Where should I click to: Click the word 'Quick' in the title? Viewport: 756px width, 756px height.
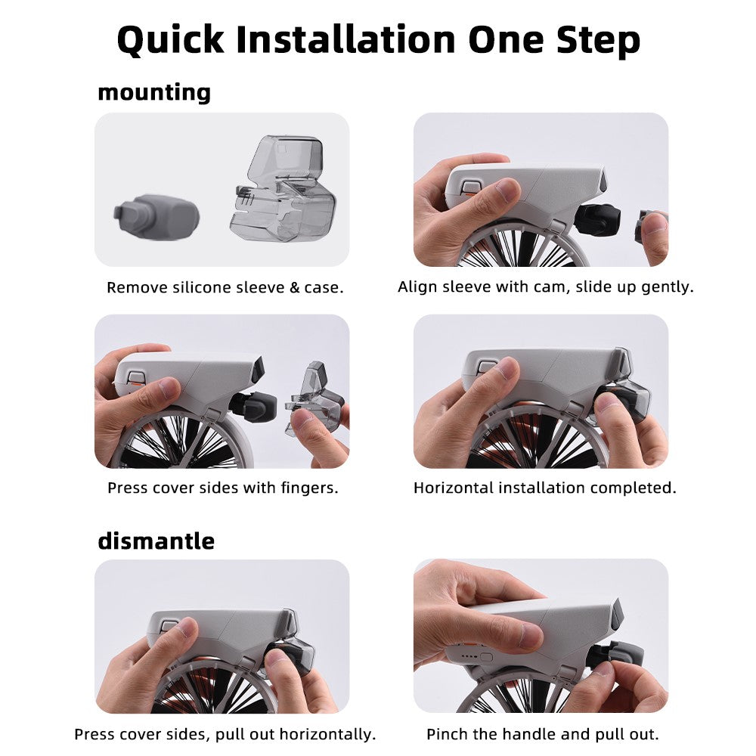170,39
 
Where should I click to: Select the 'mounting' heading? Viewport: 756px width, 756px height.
154,92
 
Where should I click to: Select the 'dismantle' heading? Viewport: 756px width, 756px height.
156,541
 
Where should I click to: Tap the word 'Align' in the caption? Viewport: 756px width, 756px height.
417,287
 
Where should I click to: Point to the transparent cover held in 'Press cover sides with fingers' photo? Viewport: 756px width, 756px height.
314,396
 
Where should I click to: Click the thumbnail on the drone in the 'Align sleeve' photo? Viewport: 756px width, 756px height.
508,191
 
